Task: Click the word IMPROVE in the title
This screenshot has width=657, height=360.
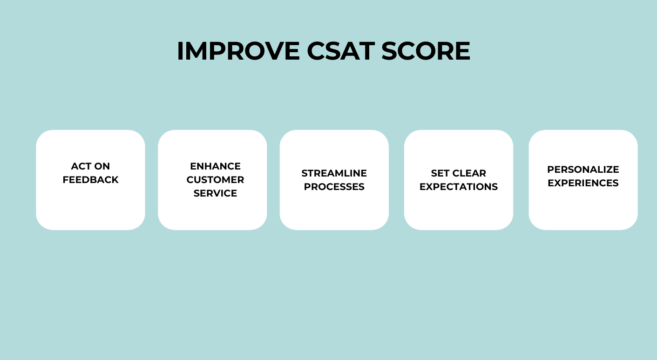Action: (238, 51)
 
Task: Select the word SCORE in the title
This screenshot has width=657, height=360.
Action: (426, 51)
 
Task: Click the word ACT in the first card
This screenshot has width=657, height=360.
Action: (81, 166)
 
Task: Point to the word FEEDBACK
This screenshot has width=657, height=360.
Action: (90, 180)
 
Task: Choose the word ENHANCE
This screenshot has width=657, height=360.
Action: (215, 166)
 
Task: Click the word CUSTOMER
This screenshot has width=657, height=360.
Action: (215, 180)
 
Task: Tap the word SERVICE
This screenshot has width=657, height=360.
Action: (215, 193)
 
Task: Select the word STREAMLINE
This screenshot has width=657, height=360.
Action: (334, 173)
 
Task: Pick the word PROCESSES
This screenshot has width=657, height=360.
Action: (334, 187)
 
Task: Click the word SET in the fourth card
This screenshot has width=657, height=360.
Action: (440, 173)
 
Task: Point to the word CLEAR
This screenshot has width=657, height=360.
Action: (469, 173)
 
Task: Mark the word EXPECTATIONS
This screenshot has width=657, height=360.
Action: (459, 187)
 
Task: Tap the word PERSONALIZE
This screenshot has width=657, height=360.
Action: (583, 170)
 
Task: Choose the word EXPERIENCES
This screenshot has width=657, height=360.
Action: (583, 183)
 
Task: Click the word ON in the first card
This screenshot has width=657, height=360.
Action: (102, 166)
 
